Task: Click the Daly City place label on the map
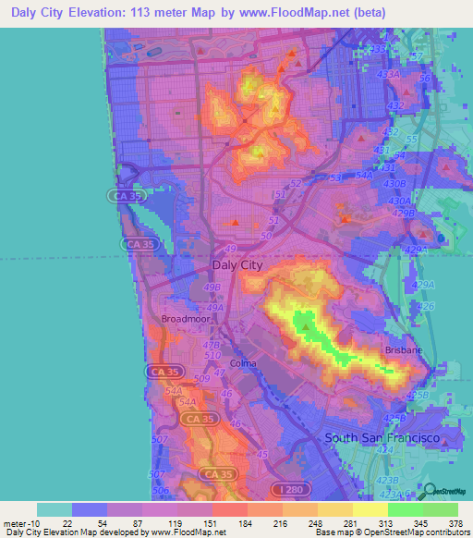tap(237, 264)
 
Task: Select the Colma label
tap(242, 363)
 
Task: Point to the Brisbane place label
tap(405, 351)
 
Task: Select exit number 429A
tap(423, 285)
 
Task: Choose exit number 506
tap(161, 490)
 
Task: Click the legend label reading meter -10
tap(20, 523)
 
